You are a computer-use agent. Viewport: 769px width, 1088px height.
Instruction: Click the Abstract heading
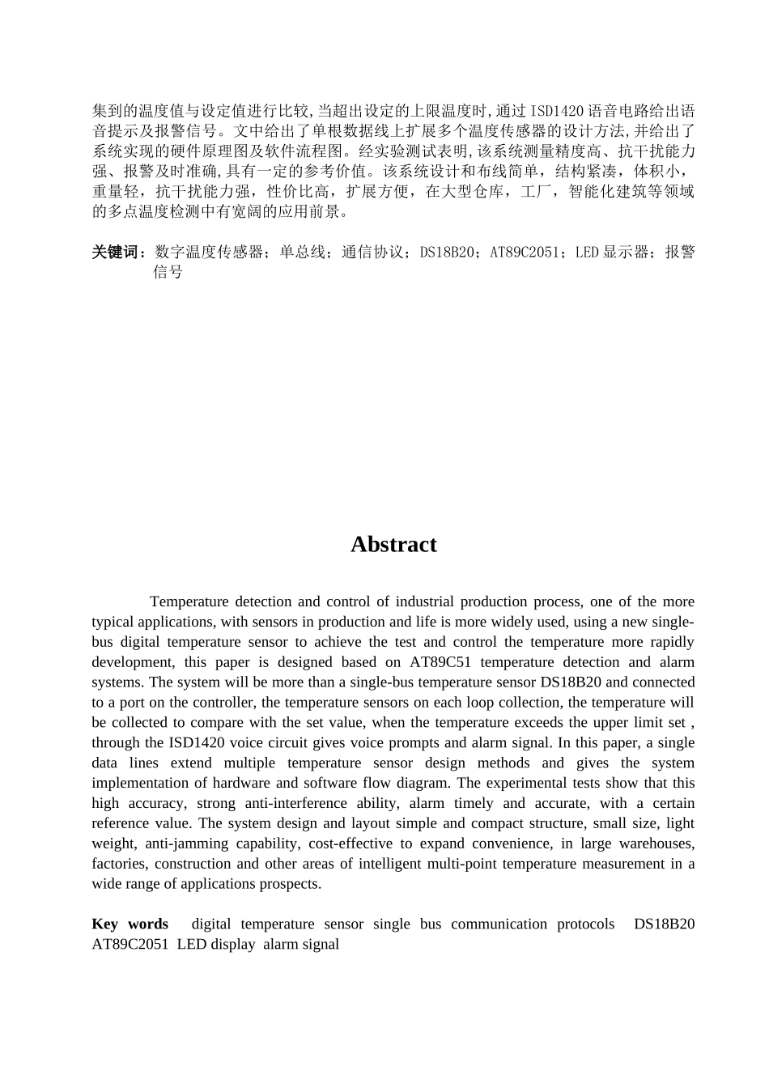393,545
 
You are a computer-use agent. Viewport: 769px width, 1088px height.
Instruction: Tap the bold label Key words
130,924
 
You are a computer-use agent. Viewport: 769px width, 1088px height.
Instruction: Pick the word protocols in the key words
585,924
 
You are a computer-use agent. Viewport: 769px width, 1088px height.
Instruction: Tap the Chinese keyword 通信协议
372,253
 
